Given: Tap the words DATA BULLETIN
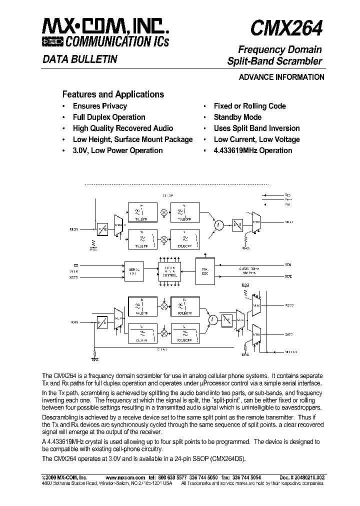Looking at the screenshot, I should (x=79, y=59).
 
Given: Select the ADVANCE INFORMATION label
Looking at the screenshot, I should (x=281, y=77).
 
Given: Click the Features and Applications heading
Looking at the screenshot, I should (x=112, y=94).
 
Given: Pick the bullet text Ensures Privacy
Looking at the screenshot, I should (x=99, y=106).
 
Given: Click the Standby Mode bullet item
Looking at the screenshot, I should (x=237, y=117).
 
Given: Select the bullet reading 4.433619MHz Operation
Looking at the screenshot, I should (x=252, y=150).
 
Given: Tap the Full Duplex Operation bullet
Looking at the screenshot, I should (x=109, y=117).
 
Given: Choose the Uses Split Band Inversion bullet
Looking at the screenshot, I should (x=256, y=128).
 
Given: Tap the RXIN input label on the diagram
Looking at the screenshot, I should (x=75, y=322).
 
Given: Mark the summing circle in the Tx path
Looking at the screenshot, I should (x=218, y=225).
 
